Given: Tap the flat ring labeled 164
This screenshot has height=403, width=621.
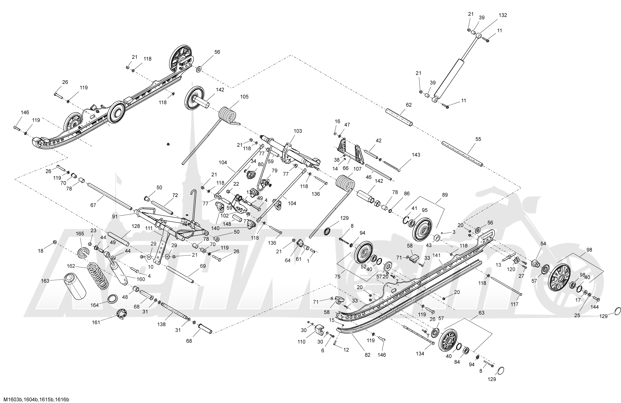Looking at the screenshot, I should tap(112, 299).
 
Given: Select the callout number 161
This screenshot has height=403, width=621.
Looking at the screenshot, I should tap(96, 322).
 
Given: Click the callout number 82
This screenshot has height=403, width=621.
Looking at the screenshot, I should tap(367, 355).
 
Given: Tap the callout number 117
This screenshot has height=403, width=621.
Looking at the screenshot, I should tap(515, 304).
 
